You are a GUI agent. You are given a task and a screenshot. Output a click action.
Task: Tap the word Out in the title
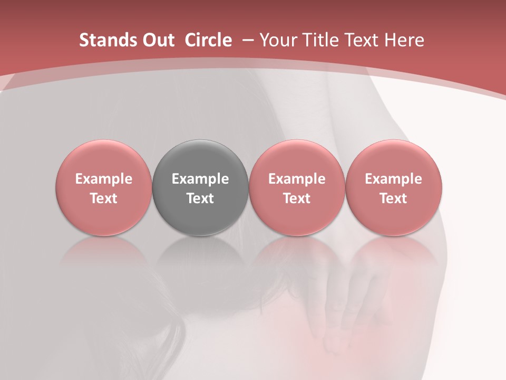[157, 40]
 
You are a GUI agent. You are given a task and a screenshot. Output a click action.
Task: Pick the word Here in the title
[404, 40]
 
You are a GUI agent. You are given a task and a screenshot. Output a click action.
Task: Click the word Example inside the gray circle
[200, 179]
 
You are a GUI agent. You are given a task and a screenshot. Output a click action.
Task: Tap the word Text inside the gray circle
[200, 198]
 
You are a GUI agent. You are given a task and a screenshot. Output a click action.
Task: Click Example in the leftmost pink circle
[103, 179]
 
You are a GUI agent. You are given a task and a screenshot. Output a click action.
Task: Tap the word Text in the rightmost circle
[393, 198]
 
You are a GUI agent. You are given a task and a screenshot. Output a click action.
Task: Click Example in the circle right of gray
[297, 179]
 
